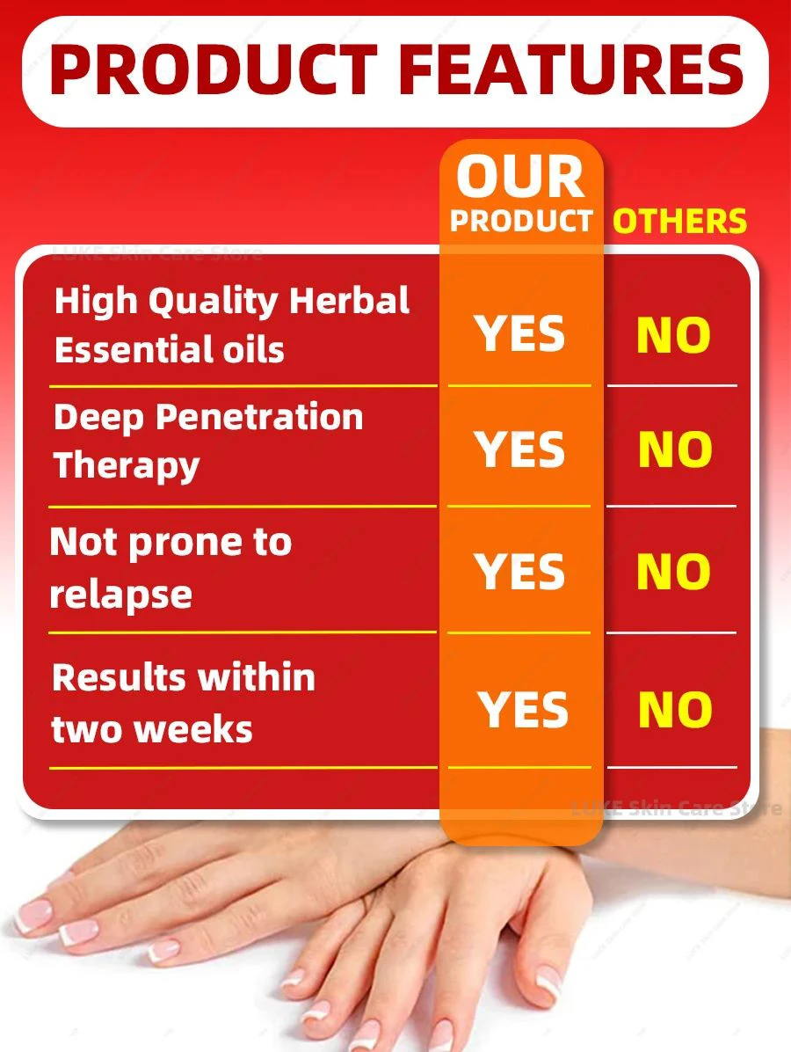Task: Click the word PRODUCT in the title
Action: click(x=214, y=69)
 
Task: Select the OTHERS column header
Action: click(x=679, y=222)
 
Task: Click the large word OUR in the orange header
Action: click(x=520, y=177)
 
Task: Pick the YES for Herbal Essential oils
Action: click(x=519, y=334)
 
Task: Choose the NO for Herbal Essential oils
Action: click(x=674, y=335)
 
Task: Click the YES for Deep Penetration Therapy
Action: click(x=519, y=449)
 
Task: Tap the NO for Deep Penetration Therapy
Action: click(x=675, y=449)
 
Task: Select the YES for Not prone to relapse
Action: click(x=519, y=572)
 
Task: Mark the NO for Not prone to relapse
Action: click(x=674, y=572)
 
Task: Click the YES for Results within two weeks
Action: click(x=523, y=710)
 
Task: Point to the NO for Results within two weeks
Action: click(x=675, y=710)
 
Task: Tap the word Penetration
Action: click(x=259, y=417)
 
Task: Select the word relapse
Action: click(x=120, y=595)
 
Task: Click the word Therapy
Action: click(x=127, y=466)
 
